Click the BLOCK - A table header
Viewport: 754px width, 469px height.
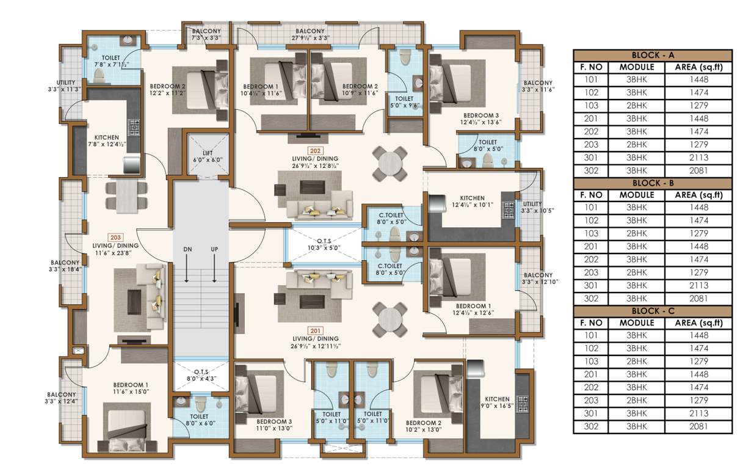click(652, 55)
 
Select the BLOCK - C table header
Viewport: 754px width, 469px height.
click(652, 311)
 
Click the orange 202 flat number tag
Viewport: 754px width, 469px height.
click(315, 150)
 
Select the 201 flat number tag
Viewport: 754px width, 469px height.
click(315, 330)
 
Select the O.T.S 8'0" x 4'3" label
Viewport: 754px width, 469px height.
click(201, 374)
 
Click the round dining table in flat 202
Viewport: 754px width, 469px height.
click(390, 163)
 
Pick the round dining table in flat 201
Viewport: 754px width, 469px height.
click(390, 318)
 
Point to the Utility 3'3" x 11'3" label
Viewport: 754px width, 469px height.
click(66, 85)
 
